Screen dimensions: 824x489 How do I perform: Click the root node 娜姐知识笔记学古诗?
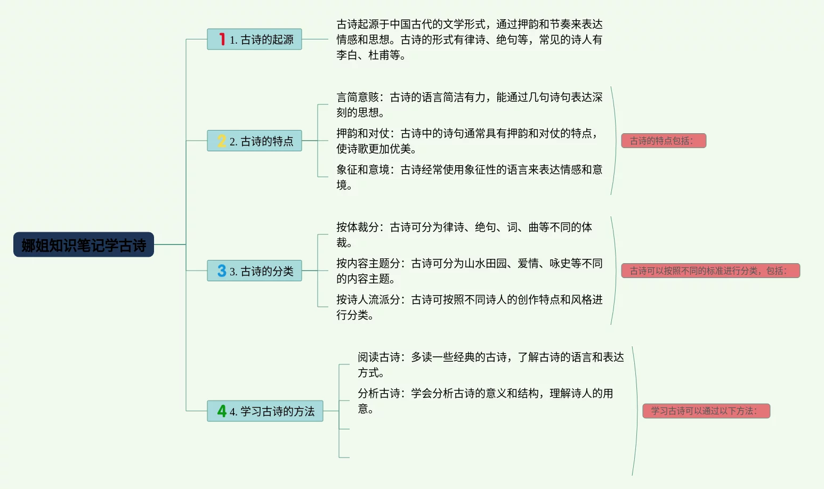tap(84, 245)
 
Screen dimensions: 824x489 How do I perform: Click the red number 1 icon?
tap(222, 39)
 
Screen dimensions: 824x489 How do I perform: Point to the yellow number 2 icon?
tap(222, 141)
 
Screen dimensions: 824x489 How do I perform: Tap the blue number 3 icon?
tap(222, 271)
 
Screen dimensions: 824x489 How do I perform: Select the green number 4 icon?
tap(222, 411)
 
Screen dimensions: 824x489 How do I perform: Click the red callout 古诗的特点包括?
tap(663, 141)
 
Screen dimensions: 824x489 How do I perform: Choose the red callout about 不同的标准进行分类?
tap(710, 271)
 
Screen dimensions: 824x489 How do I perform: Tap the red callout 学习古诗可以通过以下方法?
tap(706, 411)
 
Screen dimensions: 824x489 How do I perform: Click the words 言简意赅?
tap(358, 97)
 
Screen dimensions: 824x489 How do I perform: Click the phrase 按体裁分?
tap(358, 227)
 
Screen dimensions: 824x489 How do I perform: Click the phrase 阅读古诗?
tap(379, 357)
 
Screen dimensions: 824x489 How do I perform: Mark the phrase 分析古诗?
tap(379, 394)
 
